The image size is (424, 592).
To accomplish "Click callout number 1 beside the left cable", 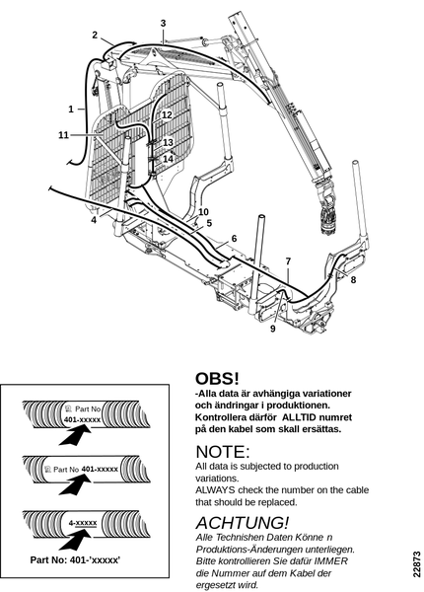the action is click(71, 110).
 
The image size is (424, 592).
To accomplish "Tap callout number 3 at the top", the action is click(163, 23).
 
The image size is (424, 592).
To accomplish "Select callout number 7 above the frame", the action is click(289, 261).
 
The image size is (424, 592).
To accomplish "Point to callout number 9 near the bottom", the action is click(273, 329).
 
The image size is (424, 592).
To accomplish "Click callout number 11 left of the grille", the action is click(63, 135).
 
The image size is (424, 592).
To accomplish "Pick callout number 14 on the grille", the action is click(168, 159).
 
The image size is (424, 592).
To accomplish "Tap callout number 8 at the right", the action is click(353, 280).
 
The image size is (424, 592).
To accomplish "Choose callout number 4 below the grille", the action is click(94, 219).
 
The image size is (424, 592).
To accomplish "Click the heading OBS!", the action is click(217, 378).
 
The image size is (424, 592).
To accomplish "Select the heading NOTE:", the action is click(223, 452).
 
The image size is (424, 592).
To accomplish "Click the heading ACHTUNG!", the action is click(243, 523).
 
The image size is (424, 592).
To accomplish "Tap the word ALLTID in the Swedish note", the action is click(298, 417).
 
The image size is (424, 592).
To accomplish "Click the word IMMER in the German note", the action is click(332, 561).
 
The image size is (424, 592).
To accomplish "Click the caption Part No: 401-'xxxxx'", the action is click(75, 559).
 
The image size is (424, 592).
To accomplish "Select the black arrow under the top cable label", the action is click(76, 434).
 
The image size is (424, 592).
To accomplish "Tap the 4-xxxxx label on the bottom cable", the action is click(83, 523).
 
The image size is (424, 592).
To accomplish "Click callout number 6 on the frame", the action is click(234, 239).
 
